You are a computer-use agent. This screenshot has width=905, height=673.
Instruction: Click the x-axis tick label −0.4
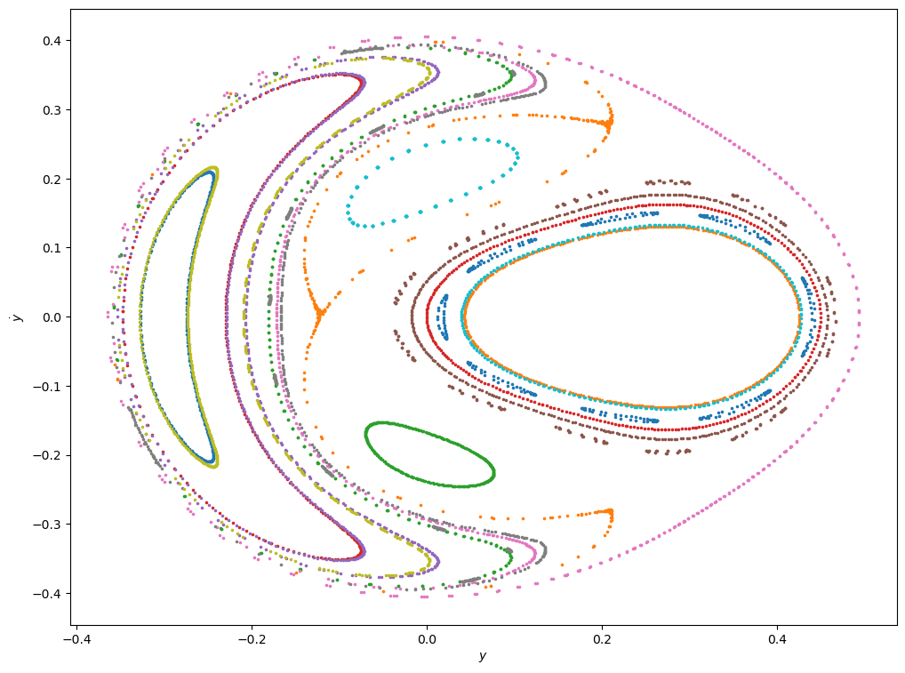76,638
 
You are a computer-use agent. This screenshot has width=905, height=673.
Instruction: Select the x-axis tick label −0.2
251,638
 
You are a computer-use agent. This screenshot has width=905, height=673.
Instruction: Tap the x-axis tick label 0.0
426,638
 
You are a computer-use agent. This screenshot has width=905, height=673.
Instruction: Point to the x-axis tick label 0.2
601,638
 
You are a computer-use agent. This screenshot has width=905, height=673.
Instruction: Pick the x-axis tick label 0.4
776,638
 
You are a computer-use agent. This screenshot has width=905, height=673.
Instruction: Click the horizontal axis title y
482,657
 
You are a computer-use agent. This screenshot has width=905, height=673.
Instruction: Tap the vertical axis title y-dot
17,317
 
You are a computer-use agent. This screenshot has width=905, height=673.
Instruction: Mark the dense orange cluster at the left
318,312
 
